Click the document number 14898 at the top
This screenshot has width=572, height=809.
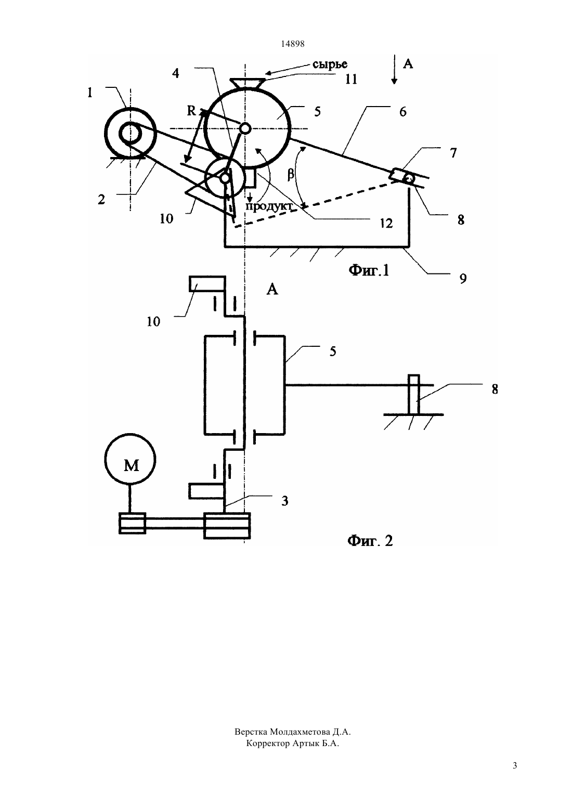pyautogui.click(x=292, y=44)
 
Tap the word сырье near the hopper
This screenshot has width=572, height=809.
pyautogui.click(x=330, y=64)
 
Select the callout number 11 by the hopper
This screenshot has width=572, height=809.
pyautogui.click(x=351, y=79)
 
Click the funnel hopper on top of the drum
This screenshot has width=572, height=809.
pyautogui.click(x=248, y=83)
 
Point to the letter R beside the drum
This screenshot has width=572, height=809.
pyautogui.click(x=191, y=111)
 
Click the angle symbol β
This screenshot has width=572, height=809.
pyautogui.click(x=291, y=175)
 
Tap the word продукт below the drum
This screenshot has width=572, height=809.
pyautogui.click(x=268, y=206)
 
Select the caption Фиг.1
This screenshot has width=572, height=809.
pyautogui.click(x=369, y=270)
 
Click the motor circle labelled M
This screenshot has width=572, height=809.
pyautogui.click(x=131, y=460)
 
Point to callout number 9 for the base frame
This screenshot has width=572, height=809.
pyautogui.click(x=463, y=279)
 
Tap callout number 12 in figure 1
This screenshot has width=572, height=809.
pyautogui.click(x=386, y=223)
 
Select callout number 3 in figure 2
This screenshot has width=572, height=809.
pyautogui.click(x=285, y=501)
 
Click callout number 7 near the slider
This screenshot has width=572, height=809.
pyautogui.click(x=453, y=153)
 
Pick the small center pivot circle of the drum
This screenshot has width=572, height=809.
pyautogui.click(x=245, y=128)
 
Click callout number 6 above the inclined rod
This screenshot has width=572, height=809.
pyautogui.click(x=403, y=112)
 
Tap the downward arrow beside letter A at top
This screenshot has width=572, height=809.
pyautogui.click(x=394, y=70)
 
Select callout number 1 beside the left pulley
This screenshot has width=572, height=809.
pyautogui.click(x=90, y=93)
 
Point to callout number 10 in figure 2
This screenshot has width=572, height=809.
pyautogui.click(x=153, y=321)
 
